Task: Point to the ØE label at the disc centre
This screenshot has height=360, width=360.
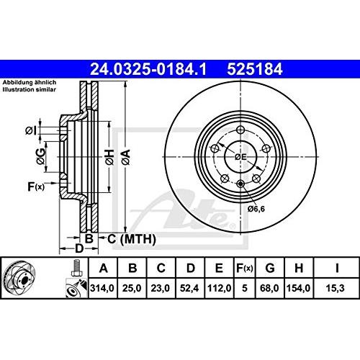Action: pyautogui.click(x=240, y=157)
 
